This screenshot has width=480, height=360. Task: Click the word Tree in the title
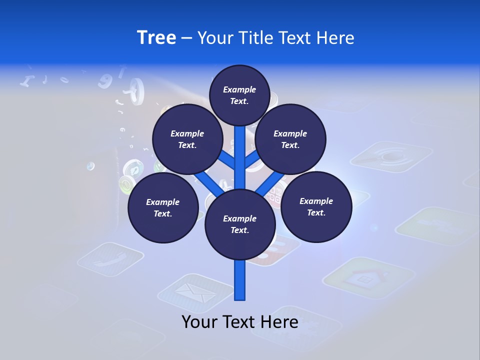point(156,38)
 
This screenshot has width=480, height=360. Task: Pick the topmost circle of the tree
point(240,95)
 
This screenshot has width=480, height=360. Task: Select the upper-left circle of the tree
point(187,139)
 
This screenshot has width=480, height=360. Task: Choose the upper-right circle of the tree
point(290,139)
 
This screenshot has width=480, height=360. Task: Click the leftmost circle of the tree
point(163,208)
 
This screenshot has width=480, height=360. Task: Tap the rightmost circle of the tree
point(316,206)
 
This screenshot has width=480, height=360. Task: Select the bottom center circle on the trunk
point(240,224)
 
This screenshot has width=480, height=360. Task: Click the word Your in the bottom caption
point(200,322)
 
